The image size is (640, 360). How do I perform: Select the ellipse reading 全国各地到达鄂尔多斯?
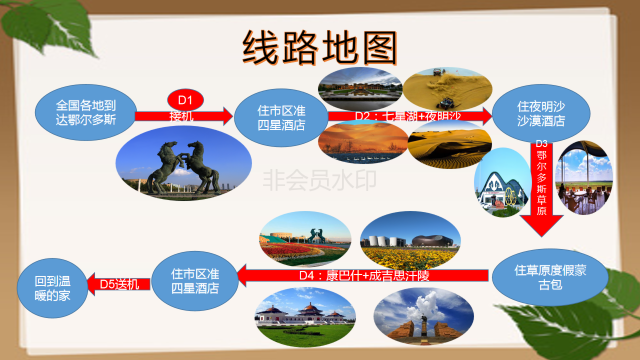pos(86,111)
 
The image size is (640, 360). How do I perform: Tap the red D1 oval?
pos(184,99)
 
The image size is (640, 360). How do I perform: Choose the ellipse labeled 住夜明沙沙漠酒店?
pos(541,112)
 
